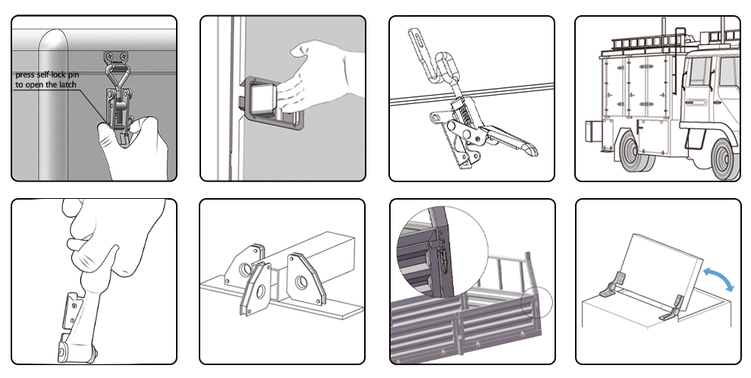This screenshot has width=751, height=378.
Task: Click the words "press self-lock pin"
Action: (47, 75)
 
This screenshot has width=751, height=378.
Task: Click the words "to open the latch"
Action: (46, 85)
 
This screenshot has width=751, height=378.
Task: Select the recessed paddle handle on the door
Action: (269, 104)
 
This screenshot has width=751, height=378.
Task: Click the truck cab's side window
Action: (700, 72)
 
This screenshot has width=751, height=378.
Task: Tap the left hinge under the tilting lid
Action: (613, 285)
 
